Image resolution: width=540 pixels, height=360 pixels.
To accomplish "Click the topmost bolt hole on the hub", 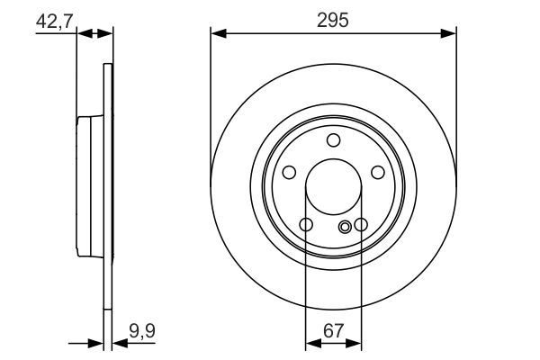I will pyautogui.click(x=334, y=139).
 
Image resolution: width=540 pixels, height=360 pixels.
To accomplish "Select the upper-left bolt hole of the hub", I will pyautogui.click(x=290, y=173).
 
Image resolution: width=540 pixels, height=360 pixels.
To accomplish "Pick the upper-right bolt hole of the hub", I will pyautogui.click(x=378, y=173).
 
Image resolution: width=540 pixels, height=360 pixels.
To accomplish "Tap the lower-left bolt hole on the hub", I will pyautogui.click(x=306, y=224).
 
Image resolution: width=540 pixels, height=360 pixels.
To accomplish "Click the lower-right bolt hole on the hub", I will pyautogui.click(x=361, y=224).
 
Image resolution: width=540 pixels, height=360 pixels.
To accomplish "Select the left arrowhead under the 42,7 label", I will pyautogui.click(x=84, y=33).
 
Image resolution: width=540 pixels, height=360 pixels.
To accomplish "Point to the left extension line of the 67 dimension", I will pyautogui.click(x=306, y=288).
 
